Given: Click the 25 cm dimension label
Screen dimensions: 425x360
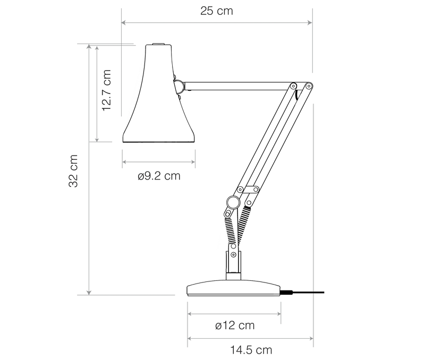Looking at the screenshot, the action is [217, 11].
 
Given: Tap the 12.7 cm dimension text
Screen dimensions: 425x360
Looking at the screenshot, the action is [107, 90].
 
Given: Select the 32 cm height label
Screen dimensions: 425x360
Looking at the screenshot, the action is [73, 171].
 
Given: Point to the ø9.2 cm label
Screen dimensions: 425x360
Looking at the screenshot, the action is [159, 176].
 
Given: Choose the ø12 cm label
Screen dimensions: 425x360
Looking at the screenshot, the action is [235, 325].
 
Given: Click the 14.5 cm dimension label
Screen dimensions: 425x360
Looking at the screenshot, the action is [251, 350].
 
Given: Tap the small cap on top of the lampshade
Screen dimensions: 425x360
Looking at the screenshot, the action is [158, 44].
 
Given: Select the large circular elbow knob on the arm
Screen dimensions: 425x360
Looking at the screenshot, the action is [233, 202].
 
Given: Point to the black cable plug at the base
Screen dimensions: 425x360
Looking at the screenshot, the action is [286, 292].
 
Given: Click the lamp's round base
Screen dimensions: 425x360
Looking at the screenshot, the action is [233, 288].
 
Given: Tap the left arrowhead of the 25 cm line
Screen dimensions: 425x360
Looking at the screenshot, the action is [123, 22].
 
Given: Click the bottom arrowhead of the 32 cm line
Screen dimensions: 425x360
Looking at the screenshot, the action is [89, 293].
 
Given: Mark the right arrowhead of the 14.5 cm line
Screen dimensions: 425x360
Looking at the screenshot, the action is [311, 338].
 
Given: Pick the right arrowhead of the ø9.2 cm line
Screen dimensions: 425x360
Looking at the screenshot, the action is [193, 162].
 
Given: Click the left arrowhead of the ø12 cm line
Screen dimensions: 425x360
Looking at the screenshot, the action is [190, 314].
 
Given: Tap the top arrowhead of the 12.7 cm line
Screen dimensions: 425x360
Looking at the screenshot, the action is [97, 48].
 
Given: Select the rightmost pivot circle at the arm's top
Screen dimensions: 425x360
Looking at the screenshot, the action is [309, 87].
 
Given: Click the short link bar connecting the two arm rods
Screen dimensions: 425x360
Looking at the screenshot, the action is [248, 190].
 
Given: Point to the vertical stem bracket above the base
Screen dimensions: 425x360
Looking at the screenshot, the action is [233, 262].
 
